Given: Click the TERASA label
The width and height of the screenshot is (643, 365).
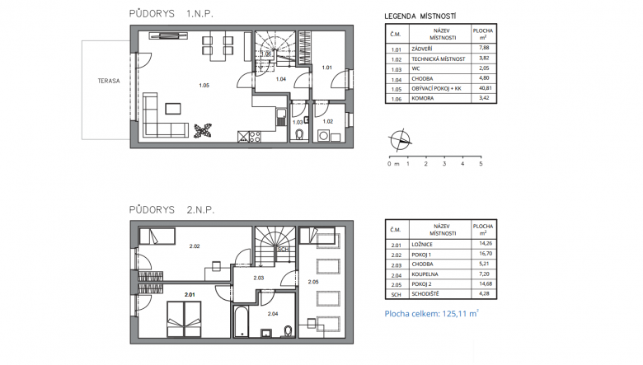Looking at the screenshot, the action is [109, 81].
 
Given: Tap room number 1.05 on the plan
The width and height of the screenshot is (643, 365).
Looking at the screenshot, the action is [204, 86].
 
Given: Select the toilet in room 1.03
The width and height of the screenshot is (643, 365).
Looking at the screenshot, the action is [299, 135].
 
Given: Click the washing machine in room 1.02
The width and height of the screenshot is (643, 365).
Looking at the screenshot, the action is [323, 136].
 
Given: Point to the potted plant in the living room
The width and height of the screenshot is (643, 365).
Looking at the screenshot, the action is [203, 131].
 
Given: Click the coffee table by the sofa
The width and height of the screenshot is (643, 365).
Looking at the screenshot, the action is [173, 109].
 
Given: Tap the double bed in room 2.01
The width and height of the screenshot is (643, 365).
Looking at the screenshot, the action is [184, 320].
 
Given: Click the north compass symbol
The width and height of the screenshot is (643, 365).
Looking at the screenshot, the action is [400, 140].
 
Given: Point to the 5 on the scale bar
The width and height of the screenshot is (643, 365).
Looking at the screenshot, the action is [481, 164].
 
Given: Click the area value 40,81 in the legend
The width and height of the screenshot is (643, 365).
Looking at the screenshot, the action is [484, 88].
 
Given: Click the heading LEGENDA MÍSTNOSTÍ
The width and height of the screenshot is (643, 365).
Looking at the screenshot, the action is [420, 16].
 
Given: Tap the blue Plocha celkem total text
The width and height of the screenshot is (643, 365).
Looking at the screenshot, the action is [431, 314].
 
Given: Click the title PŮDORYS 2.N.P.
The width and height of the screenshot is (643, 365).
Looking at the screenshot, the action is [171, 210].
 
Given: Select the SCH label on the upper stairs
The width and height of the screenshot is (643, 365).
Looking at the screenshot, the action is [283, 249].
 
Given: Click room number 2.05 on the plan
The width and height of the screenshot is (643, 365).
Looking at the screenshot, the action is [313, 282].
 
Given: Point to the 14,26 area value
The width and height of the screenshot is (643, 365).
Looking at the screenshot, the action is [486, 243].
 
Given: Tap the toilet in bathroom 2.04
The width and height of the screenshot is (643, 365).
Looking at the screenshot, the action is [289, 330].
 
